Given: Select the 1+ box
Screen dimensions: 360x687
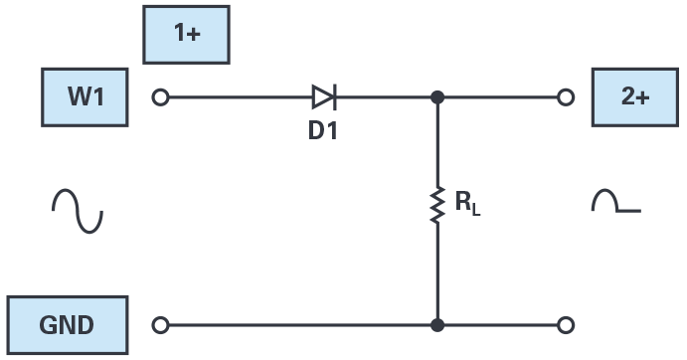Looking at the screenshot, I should point(187,34).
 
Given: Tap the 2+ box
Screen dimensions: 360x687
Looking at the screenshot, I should point(635,97).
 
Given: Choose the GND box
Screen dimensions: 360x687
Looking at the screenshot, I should point(67,325).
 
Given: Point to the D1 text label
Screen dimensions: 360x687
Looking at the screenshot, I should point(322,129).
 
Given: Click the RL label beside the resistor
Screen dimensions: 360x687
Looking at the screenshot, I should point(468,205).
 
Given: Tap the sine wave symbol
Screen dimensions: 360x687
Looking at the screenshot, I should point(78,211).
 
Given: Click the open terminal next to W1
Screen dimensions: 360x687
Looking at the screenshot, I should point(160,97).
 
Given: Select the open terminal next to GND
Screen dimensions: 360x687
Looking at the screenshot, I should point(160,325).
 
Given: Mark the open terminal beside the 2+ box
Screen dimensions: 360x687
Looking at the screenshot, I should point(566,97).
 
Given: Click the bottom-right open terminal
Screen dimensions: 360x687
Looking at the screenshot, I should point(566,325).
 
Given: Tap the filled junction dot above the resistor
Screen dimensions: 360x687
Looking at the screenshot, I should point(436,97).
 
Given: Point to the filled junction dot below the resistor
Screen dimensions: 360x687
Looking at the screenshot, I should point(436,325).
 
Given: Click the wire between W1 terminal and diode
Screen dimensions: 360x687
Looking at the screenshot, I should point(239,97).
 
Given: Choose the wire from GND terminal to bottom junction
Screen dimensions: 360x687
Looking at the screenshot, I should point(298,325).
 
